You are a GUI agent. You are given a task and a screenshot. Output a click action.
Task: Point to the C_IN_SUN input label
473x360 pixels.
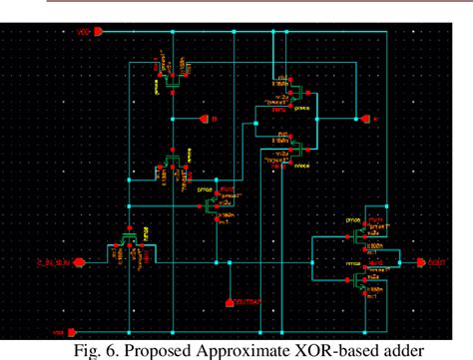(50, 263)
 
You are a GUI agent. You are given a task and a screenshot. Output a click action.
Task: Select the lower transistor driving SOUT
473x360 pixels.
(363, 282)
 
